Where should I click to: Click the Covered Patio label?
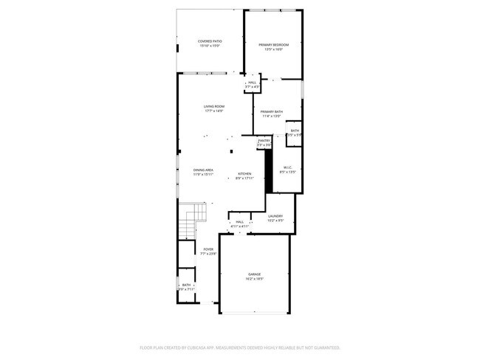[210, 41]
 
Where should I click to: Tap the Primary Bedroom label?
[273, 45]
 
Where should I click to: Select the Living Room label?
[214, 106]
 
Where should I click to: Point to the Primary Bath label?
[271, 111]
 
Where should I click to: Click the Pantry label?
[264, 140]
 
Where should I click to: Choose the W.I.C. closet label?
[288, 167]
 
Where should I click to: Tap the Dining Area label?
[204, 170]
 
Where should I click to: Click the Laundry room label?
[275, 215]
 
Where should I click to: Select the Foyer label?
[208, 249]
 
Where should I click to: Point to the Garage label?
[254, 274]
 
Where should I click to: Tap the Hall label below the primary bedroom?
[252, 83]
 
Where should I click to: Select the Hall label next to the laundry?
[239, 221]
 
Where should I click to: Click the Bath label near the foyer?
[186, 285]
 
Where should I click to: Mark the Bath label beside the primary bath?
[295, 131]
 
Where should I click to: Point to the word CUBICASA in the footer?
[209, 347]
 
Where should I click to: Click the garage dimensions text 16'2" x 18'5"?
[254, 279]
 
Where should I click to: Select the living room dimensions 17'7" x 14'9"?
[214, 111]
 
